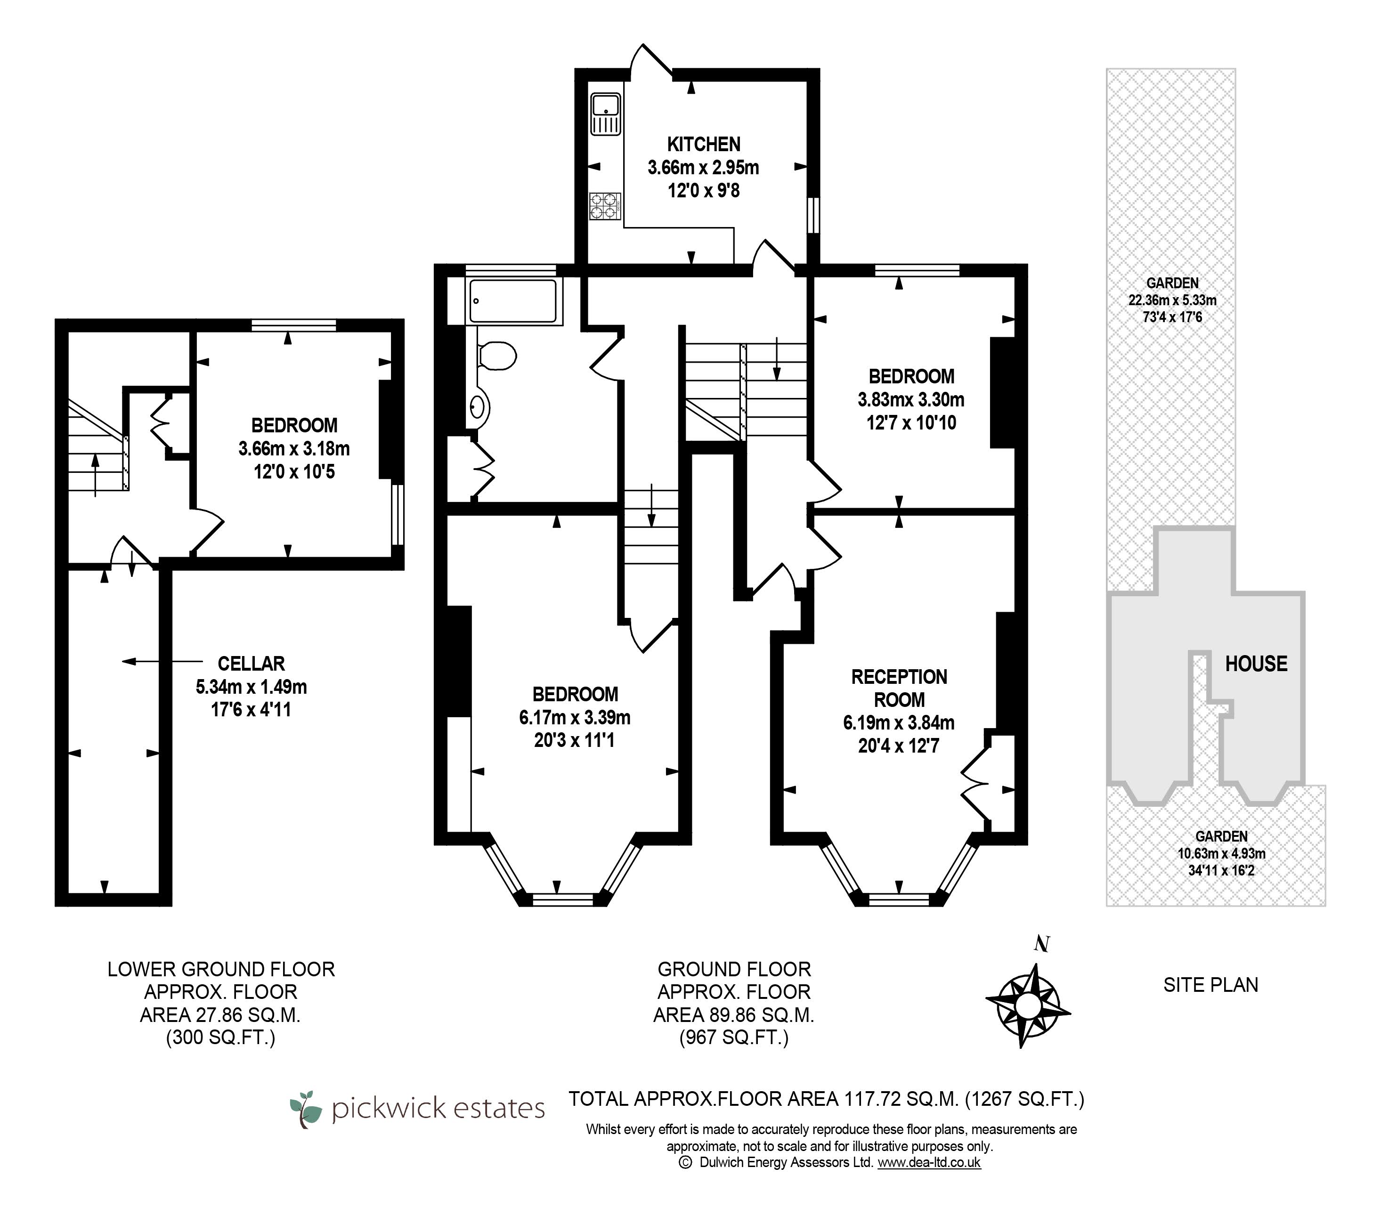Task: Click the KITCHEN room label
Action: click(x=703, y=144)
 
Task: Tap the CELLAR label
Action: click(x=252, y=664)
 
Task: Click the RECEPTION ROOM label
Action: click(x=899, y=688)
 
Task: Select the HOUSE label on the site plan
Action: click(x=1256, y=664)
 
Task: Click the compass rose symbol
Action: click(x=1028, y=1005)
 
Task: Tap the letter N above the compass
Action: click(x=1042, y=944)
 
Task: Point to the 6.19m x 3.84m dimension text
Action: click(x=899, y=723)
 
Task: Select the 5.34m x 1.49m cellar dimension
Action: click(x=252, y=687)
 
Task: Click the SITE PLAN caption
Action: click(x=1211, y=985)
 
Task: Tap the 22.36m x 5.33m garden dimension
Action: click(x=1172, y=300)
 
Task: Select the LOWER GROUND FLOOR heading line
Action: click(x=221, y=969)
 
